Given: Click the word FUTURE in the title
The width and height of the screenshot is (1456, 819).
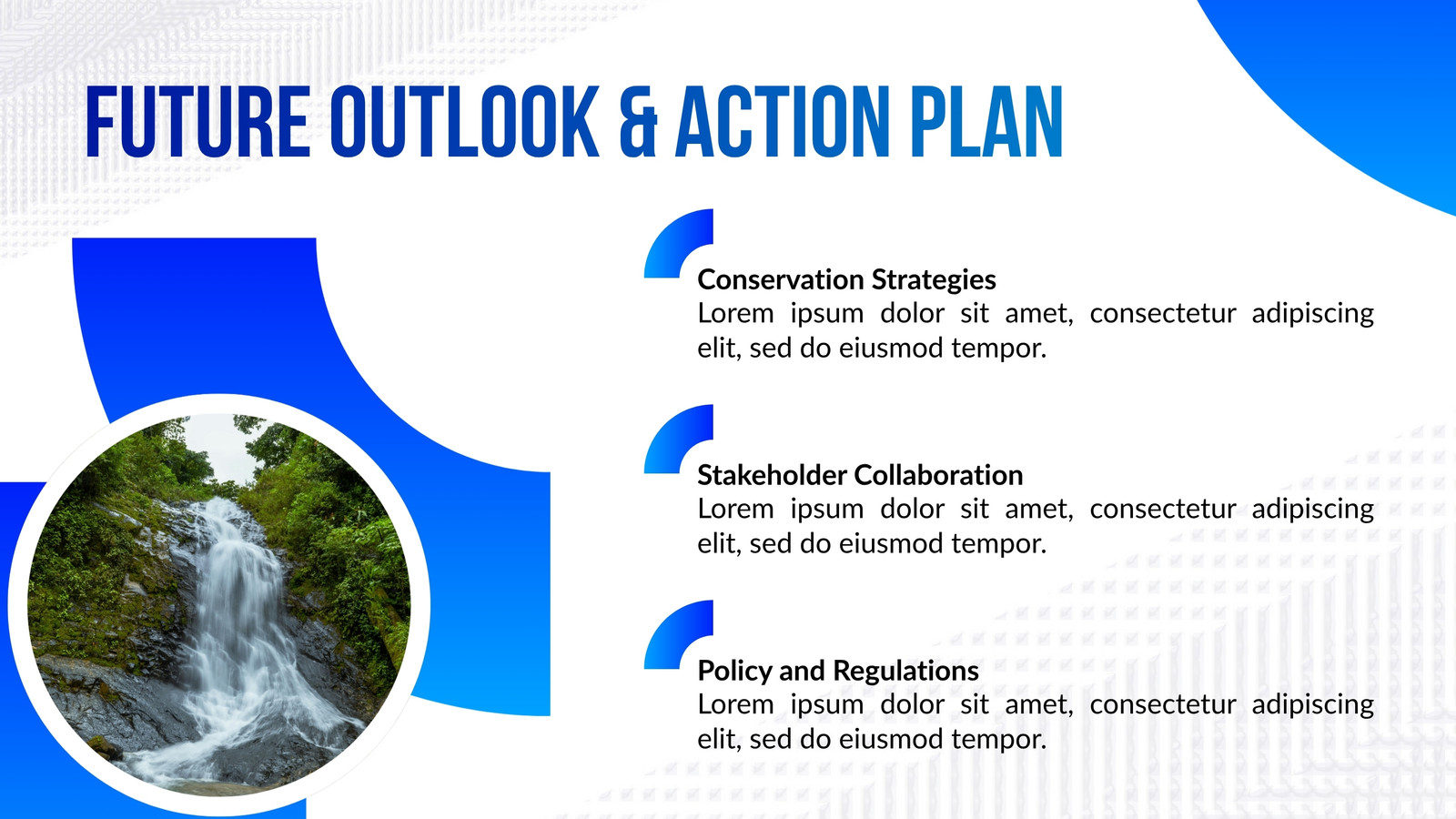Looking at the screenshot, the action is pos(197,122).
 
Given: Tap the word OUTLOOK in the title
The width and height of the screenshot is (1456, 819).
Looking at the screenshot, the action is pos(464,122).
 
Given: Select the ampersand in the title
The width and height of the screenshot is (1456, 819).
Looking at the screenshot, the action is pos(638,122).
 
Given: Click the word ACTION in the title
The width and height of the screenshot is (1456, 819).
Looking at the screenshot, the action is pos(783,122).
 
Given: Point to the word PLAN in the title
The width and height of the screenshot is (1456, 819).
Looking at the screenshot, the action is pos(986,122).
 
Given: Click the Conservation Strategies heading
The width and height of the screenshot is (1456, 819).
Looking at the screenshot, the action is pos(846,280).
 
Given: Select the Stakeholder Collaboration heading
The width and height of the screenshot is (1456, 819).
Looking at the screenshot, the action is pos(860,475).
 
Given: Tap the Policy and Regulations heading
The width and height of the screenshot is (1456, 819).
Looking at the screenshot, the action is pos(838,671).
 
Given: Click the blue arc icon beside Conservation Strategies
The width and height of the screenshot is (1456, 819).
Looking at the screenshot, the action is pos(670,238).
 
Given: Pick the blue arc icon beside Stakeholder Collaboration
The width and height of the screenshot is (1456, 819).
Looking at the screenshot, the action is pos(670,434).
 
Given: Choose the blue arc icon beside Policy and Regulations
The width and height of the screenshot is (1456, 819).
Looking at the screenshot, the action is pos(670,630).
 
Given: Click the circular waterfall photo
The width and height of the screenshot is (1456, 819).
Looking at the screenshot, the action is pos(219,604).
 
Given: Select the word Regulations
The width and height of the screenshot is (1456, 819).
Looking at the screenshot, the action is pos(905,671).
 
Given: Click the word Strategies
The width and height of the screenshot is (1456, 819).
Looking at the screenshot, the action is pos(934,280).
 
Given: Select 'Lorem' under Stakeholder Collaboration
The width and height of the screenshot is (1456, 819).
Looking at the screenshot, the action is pos(736,509).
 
